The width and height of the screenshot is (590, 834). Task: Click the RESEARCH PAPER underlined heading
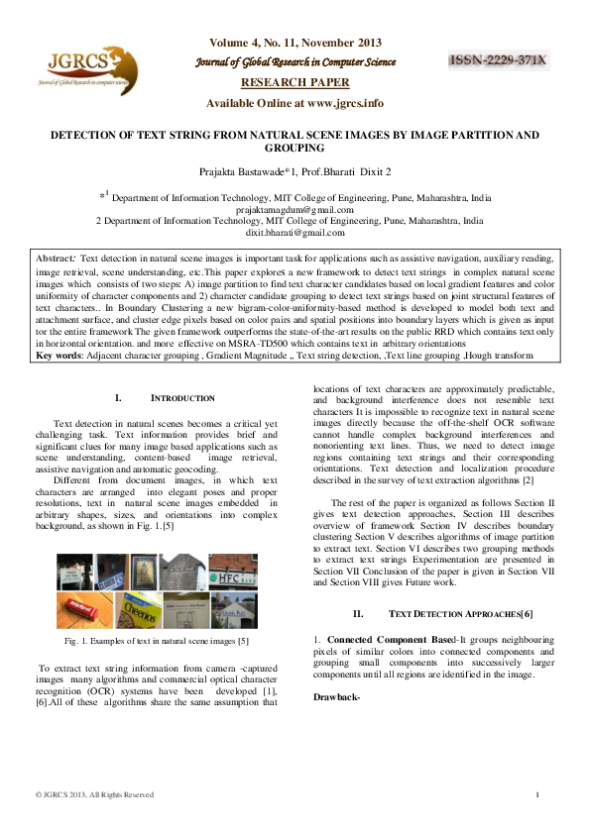295,84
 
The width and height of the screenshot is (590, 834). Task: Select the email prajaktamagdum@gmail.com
295,210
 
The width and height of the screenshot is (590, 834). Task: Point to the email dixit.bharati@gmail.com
295,233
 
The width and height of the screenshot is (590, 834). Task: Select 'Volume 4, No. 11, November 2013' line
295,44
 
